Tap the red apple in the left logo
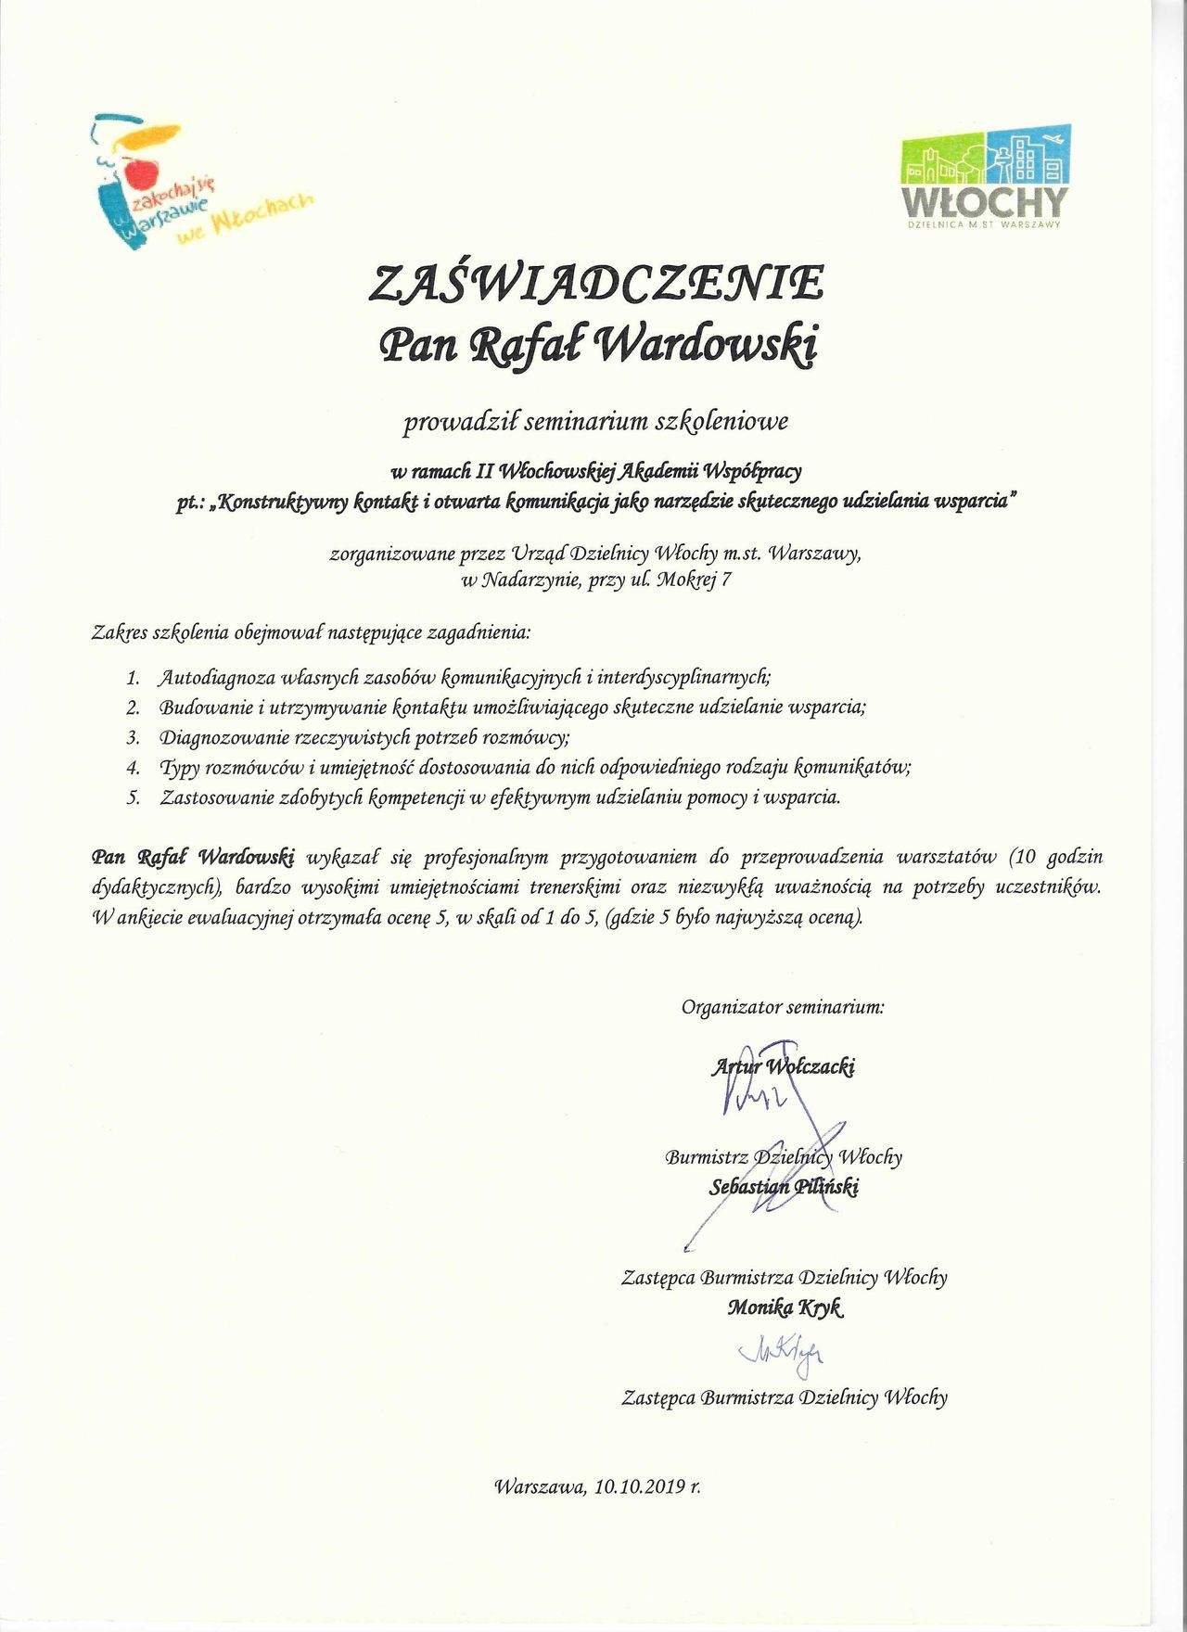coord(140,172)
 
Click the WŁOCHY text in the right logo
coord(985,201)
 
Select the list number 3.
coord(134,738)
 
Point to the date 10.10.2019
coord(640,1486)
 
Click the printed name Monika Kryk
coord(785,1307)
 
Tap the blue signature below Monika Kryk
coord(781,1353)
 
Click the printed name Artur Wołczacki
coord(784,1066)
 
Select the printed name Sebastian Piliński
coord(784,1187)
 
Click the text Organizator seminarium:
coord(783,1007)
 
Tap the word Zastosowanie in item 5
coord(216,797)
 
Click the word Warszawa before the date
coord(539,1486)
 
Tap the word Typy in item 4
coord(179,768)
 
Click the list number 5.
coord(134,797)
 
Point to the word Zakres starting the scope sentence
coord(121,633)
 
